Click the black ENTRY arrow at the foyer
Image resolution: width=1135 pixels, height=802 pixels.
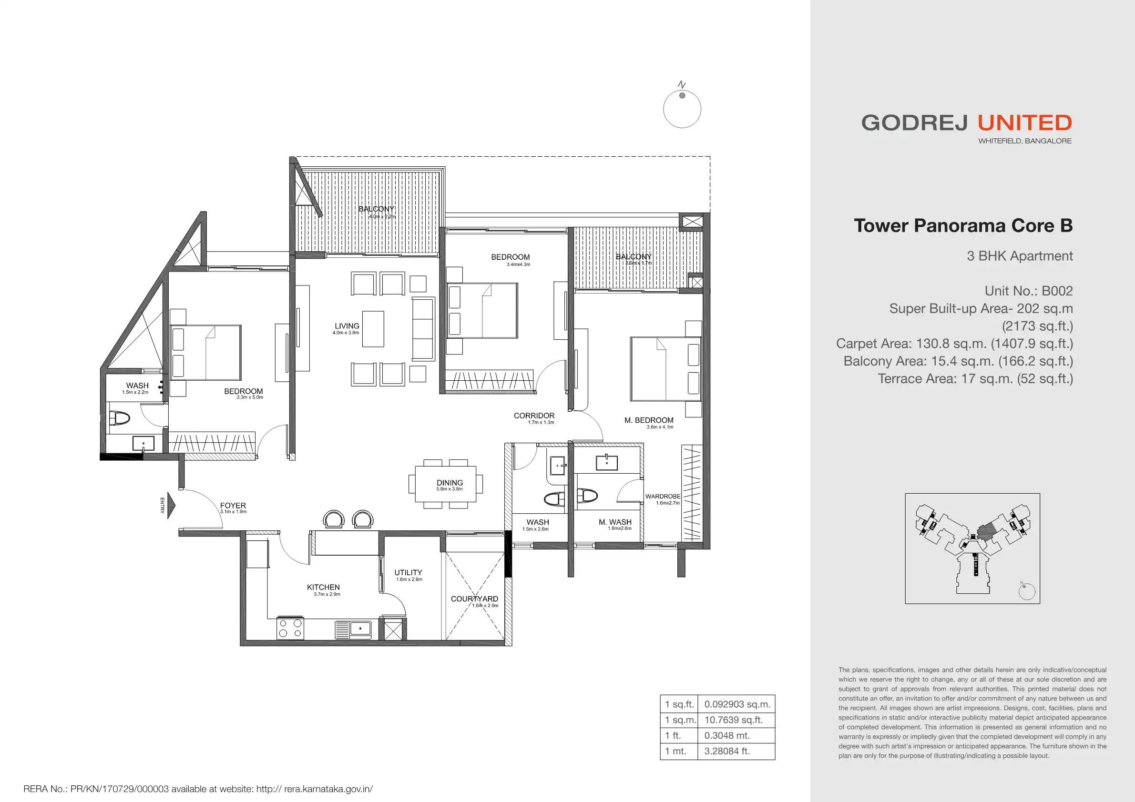coord(171,505)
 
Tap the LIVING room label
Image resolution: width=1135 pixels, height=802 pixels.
coord(347,326)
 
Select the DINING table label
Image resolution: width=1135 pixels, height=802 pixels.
coord(450,483)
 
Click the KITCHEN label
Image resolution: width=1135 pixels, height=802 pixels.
coord(323,587)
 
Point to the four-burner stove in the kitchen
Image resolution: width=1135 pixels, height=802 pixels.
coord(290,628)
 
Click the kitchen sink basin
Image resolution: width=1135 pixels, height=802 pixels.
coord(360,629)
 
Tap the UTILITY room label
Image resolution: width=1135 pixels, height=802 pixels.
coord(409,572)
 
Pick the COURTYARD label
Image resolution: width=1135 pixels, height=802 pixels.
coord(475,599)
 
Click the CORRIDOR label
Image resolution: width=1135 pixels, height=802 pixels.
coord(534,416)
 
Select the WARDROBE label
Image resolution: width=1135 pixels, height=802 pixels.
coord(663,496)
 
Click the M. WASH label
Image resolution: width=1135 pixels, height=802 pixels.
coord(615,522)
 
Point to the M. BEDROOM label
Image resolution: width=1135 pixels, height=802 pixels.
coord(649,420)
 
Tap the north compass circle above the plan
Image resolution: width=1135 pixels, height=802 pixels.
coord(682,109)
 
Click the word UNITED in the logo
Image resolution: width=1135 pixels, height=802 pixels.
coord(1025,122)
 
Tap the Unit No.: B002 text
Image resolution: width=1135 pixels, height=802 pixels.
coord(1029,291)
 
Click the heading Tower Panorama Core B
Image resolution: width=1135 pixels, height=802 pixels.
coord(963,225)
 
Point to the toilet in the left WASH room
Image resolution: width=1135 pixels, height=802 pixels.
coord(119,418)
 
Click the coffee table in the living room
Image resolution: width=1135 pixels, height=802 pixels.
coord(373,329)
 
